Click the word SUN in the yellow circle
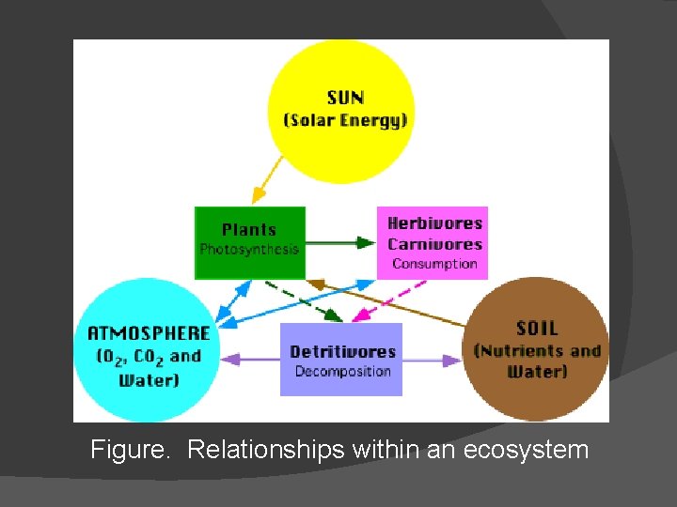(x=345, y=98)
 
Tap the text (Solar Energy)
(x=345, y=120)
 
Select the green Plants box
(x=250, y=243)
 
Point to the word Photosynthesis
(x=249, y=250)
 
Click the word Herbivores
(x=434, y=223)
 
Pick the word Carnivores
(x=434, y=244)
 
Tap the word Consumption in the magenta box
(x=434, y=264)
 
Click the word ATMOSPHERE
(x=149, y=332)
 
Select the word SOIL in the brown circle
(x=537, y=329)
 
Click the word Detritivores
(x=342, y=352)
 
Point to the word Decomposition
(x=342, y=372)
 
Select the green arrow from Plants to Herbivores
(x=340, y=243)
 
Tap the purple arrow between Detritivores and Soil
(x=433, y=360)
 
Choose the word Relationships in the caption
(x=266, y=450)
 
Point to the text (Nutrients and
(x=537, y=351)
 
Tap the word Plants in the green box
(x=249, y=229)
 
